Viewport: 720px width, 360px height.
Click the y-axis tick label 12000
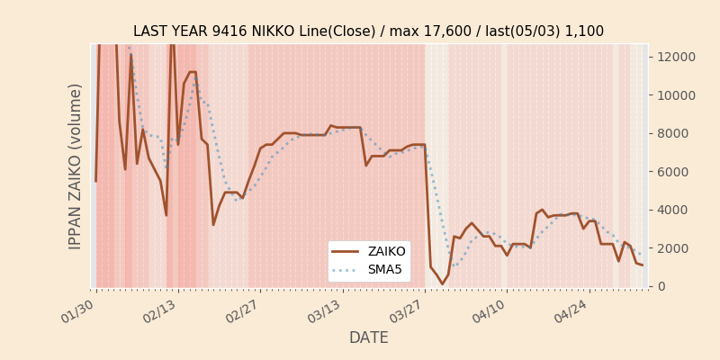click(677, 57)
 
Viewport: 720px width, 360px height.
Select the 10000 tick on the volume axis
click(677, 95)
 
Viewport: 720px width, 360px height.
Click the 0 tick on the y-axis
click(661, 286)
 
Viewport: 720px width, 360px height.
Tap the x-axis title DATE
click(369, 337)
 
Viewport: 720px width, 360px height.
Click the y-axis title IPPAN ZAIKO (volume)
click(76, 166)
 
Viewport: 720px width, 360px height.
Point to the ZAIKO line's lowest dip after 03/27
click(442, 284)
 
